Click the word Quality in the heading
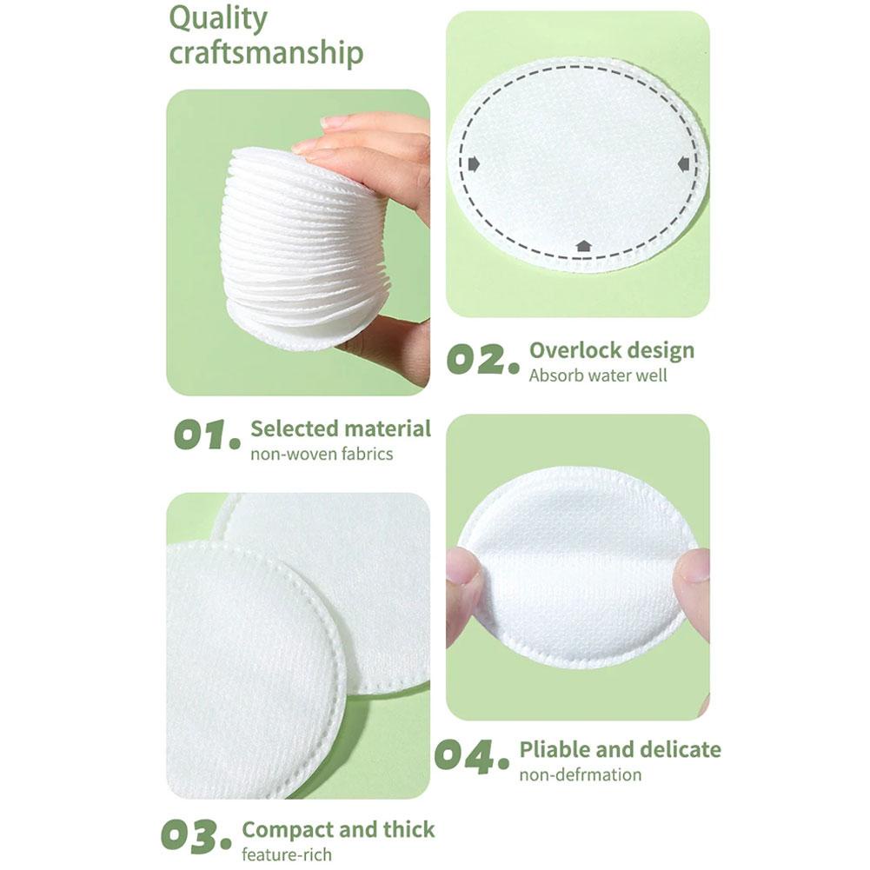pos(218,20)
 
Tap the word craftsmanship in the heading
pos(266,53)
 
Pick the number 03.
pos(196,836)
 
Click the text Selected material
pos(341,428)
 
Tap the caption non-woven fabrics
pos(322,454)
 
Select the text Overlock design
pos(612,350)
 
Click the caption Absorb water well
pos(598,375)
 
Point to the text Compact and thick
pos(338,830)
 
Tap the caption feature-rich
pos(287,854)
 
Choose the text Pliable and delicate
pos(621,750)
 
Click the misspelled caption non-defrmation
pos(581,774)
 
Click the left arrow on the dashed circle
pos(474,163)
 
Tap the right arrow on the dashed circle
pos(683,163)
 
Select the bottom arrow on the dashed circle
pos(582,245)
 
